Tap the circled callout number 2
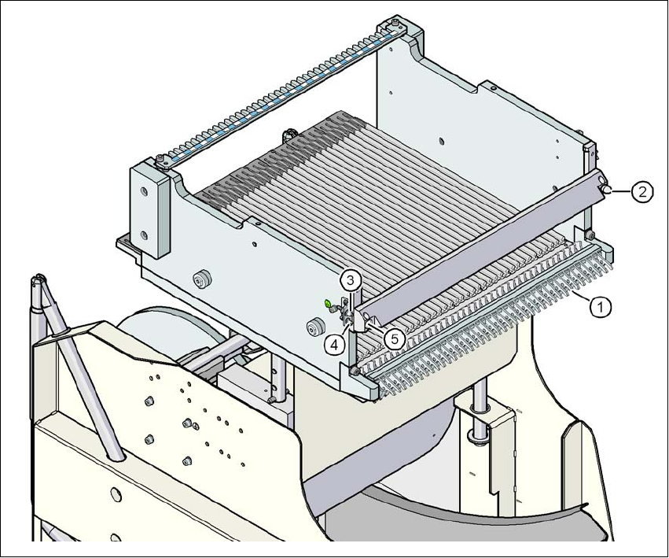(643, 191)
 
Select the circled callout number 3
(351, 279)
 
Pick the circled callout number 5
(394, 338)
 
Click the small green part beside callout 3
(328, 302)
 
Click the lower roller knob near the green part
(317, 326)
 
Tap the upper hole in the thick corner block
(144, 190)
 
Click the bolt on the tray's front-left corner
(356, 371)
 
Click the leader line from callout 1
(582, 299)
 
